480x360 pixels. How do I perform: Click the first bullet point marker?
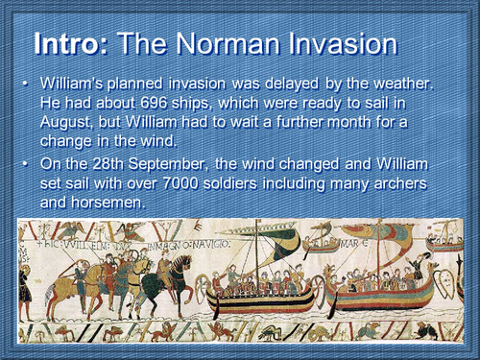[x=26, y=85]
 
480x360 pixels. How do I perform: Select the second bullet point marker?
[x=26, y=162]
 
